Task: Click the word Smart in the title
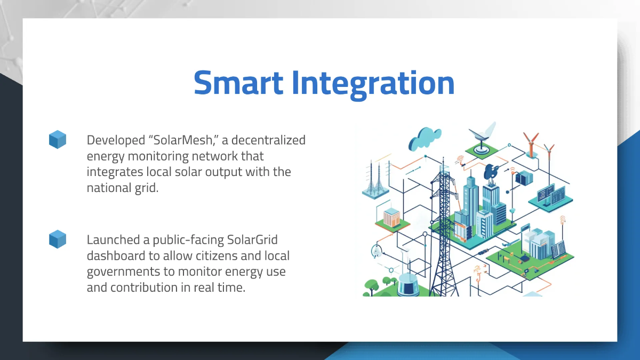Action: pyautogui.click(x=238, y=83)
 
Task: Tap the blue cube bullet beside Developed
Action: pyautogui.click(x=58, y=139)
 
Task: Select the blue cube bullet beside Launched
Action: pyautogui.click(x=58, y=239)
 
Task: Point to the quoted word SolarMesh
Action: pyautogui.click(x=183, y=140)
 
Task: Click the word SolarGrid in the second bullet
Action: pyautogui.click(x=252, y=239)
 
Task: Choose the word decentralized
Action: pyautogui.click(x=268, y=140)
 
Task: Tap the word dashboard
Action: pyautogui.click(x=116, y=255)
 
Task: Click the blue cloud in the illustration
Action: pyautogui.click(x=425, y=139)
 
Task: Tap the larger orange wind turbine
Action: pyautogui.click(x=531, y=145)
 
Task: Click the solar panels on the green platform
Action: pyautogui.click(x=558, y=249)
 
